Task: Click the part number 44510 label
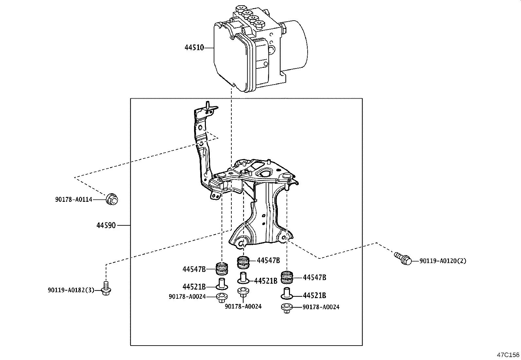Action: [194, 48]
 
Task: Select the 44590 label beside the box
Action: [106, 226]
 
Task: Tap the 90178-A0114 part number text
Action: [74, 199]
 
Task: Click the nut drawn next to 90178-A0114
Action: [112, 199]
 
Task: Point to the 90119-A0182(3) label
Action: [71, 290]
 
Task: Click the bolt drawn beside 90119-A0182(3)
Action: [105, 288]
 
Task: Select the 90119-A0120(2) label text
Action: [443, 261]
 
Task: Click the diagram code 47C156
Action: [508, 355]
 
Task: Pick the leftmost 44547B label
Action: [194, 269]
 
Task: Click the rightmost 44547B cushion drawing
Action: [287, 277]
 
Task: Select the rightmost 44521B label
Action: [314, 295]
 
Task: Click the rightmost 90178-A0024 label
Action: [321, 307]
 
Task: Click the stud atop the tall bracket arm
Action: [207, 106]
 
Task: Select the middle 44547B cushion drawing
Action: [243, 261]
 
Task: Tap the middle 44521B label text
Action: [265, 281]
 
